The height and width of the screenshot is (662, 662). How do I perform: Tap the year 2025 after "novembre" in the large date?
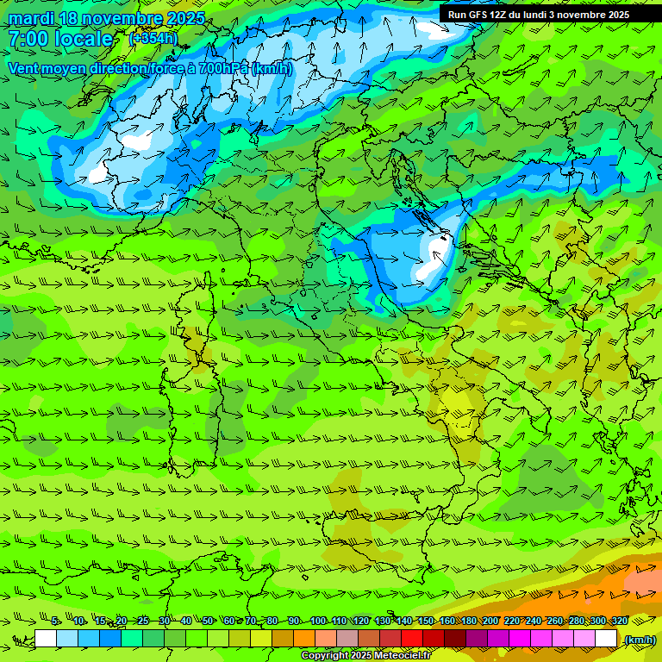click(184, 18)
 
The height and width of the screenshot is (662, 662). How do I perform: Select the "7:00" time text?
click(28, 39)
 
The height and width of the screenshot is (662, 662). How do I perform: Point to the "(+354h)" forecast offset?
click(153, 39)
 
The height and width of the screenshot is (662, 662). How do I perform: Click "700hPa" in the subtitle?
click(223, 68)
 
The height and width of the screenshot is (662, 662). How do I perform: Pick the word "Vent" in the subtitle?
click(26, 68)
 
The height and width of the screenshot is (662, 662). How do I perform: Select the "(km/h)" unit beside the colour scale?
click(639, 640)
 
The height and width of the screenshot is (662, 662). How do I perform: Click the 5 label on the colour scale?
click(55, 621)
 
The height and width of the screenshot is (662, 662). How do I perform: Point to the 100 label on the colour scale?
click(317, 621)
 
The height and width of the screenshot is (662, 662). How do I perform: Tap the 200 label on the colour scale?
click(490, 621)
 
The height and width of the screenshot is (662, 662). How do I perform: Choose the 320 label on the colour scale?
click(619, 621)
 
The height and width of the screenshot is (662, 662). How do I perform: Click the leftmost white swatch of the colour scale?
click(46, 639)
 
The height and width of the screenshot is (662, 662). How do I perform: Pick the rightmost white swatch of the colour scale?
click(606, 639)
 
